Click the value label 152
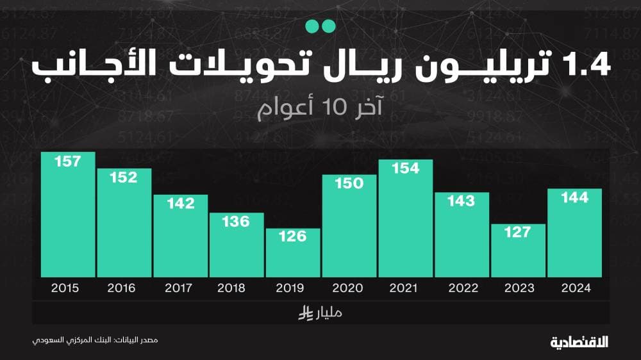coord(124,177)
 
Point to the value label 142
coord(181,203)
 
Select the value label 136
coord(237,222)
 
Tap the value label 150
coord(349,183)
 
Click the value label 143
coord(462,200)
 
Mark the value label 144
coord(574,197)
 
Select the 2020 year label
coord(349,288)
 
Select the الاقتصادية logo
coord(579,341)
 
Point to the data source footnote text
coord(96,340)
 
